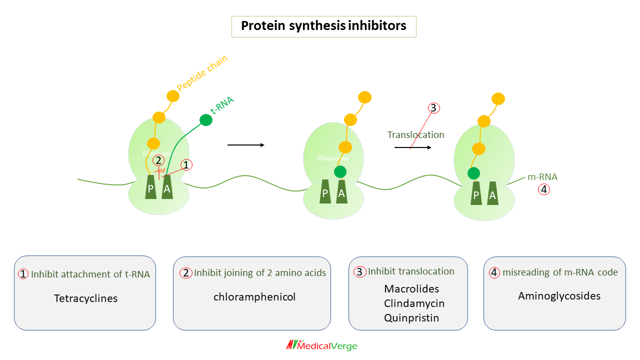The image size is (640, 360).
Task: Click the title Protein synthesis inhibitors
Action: tap(323, 26)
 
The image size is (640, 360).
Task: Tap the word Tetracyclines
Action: tap(85, 298)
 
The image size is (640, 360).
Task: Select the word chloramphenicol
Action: tap(254, 297)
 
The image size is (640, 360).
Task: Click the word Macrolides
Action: tap(411, 289)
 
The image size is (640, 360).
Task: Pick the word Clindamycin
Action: tap(414, 303)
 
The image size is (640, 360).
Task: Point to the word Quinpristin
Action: tap(411, 318)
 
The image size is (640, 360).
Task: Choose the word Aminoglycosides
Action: tap(559, 296)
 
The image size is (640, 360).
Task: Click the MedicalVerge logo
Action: tap(321, 345)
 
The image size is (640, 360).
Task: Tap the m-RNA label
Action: tap(542, 177)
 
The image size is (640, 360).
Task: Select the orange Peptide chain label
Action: tap(202, 73)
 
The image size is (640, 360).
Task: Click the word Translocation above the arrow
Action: tap(415, 135)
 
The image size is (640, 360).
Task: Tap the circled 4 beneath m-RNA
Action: tap(543, 189)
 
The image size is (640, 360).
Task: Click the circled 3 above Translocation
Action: tap(433, 108)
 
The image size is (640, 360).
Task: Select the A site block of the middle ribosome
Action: tap(341, 192)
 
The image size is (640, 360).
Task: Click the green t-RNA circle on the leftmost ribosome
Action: tap(205, 120)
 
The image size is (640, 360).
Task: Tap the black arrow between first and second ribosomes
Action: tap(245, 145)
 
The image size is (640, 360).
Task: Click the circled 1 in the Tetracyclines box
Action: tap(23, 274)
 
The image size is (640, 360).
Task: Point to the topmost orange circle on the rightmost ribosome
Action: tap(498, 99)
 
